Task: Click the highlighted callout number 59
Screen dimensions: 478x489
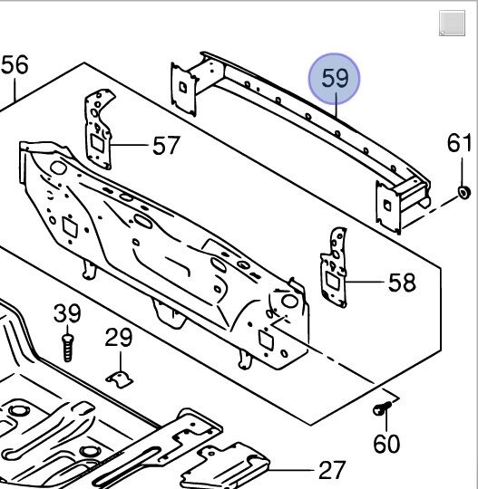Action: [x=335, y=78]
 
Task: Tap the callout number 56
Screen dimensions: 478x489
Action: [x=15, y=64]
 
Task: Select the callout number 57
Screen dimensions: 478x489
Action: [x=166, y=145]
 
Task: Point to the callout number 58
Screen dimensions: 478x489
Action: [x=402, y=283]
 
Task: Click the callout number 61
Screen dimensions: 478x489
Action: [x=459, y=143]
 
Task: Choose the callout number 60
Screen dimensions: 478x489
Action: [x=386, y=444]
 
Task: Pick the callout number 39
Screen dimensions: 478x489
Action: [x=67, y=313]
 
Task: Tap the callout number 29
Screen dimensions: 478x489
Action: [x=119, y=337]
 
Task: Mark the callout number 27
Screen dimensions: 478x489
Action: [x=332, y=471]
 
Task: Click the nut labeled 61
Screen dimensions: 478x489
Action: [x=464, y=192]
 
